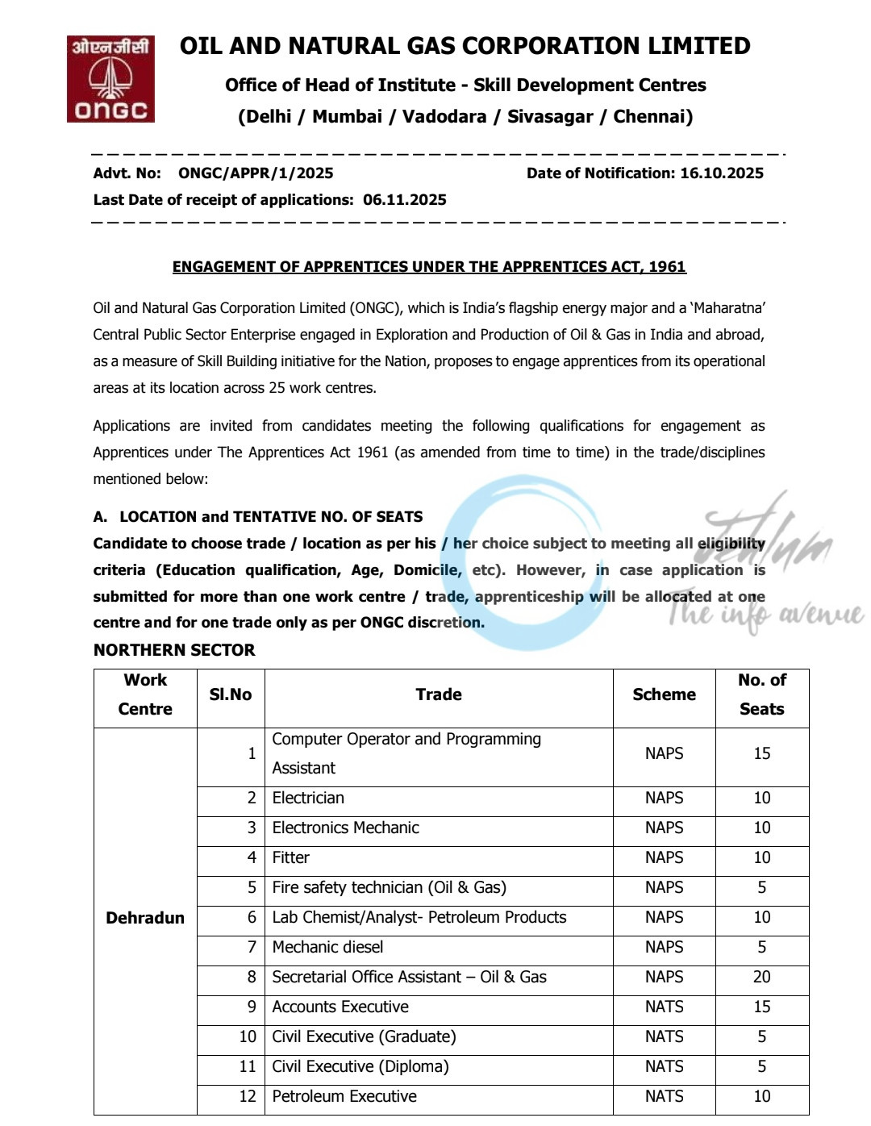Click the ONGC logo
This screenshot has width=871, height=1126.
tap(110, 79)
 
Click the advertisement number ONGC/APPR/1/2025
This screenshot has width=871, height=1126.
tap(256, 173)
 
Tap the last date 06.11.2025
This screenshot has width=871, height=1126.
tap(404, 200)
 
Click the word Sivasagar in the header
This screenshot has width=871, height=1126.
tap(550, 117)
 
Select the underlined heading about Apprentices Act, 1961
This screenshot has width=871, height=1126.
tap(429, 267)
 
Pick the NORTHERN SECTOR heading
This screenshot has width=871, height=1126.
tap(174, 650)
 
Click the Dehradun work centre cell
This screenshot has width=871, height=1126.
tap(145, 918)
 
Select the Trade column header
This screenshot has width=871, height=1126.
tap(439, 694)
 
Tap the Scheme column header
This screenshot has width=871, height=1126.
tap(664, 694)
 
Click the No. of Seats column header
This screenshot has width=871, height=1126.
tap(761, 694)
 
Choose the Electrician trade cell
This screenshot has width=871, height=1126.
tap(308, 798)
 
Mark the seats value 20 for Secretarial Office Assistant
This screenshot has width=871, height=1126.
tap(761, 977)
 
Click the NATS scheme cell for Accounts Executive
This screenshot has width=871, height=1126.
tap(664, 1007)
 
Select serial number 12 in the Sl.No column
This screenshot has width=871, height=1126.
tap(248, 1096)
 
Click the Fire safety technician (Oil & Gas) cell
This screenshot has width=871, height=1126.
tap(389, 887)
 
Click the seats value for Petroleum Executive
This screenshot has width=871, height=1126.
tap(761, 1096)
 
